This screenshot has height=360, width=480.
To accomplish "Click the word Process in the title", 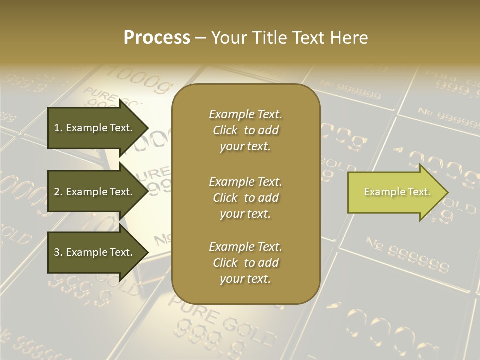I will pyautogui.click(x=157, y=38).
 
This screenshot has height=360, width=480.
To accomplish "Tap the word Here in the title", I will pyautogui.click(x=349, y=38).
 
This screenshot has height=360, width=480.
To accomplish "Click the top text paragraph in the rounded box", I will pyautogui.click(x=245, y=130).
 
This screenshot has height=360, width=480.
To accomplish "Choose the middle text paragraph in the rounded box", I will pyautogui.click(x=245, y=197).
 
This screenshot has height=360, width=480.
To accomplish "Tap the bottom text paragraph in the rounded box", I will pyautogui.click(x=245, y=263).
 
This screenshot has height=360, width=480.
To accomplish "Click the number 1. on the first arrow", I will pyautogui.click(x=58, y=128).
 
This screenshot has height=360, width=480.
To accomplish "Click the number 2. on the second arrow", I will pyautogui.click(x=58, y=192).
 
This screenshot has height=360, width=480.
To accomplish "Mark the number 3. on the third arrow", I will pyautogui.click(x=58, y=252).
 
